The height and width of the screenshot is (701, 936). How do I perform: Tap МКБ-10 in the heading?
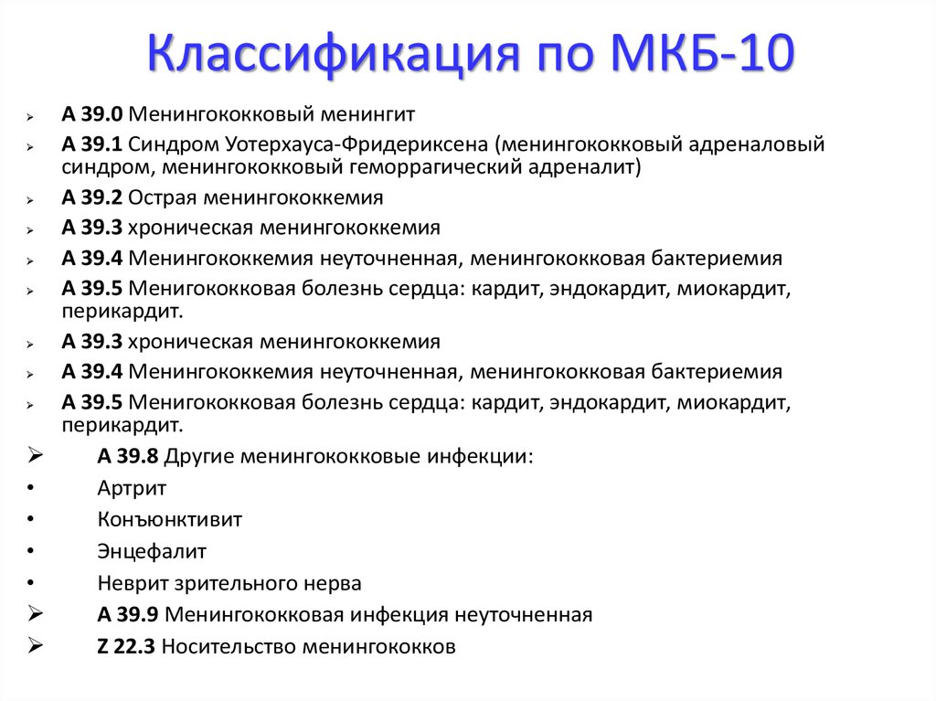point(704,52)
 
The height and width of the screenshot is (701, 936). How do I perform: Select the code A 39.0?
point(92,113)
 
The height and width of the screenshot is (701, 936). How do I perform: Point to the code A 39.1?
point(92,143)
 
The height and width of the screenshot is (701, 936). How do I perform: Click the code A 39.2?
point(92,197)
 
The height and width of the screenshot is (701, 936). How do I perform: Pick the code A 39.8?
point(128,456)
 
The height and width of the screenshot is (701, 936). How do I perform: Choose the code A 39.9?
point(128,614)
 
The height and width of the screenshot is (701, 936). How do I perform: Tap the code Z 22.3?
point(126,646)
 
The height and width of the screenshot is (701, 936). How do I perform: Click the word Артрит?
point(132,488)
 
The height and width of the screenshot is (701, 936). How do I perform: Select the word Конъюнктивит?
point(169,519)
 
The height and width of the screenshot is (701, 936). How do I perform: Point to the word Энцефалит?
point(152,551)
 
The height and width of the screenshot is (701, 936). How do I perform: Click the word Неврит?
point(132,583)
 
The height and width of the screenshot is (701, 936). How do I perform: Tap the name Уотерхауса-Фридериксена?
point(356,144)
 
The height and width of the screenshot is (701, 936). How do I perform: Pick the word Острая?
point(163,197)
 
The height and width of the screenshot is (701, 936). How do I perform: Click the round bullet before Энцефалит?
point(30,550)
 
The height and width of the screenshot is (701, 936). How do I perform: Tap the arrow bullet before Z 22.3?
point(36,645)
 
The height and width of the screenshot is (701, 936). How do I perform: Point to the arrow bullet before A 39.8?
point(36,455)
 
